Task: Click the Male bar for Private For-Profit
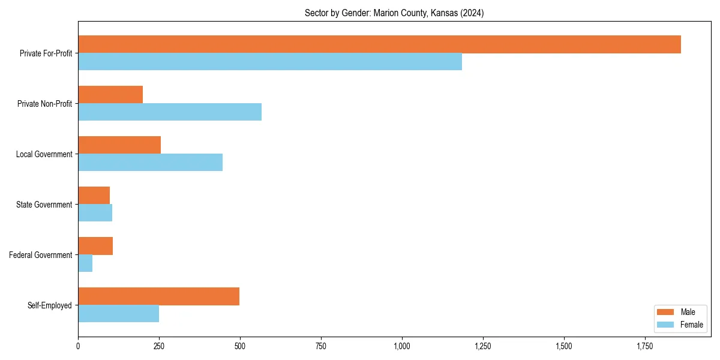click(379, 44)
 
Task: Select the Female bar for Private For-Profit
click(270, 62)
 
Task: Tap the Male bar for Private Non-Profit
click(110, 95)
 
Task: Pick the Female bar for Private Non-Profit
click(170, 112)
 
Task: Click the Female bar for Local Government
click(150, 163)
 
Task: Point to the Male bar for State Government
click(94, 196)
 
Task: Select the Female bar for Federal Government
click(85, 263)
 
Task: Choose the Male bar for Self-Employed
click(158, 296)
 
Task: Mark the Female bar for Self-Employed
click(118, 314)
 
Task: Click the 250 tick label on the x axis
click(159, 346)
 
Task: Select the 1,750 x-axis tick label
click(645, 346)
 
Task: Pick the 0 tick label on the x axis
click(78, 346)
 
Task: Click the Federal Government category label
click(41, 255)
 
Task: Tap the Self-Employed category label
click(50, 305)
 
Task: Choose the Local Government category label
click(44, 154)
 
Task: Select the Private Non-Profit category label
click(45, 104)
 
